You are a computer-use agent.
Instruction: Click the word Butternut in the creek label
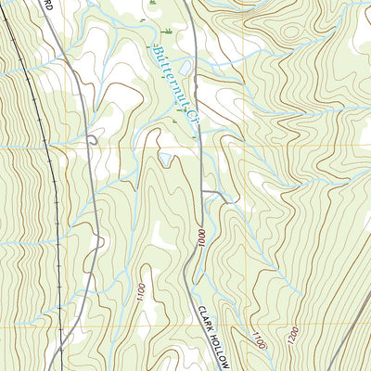coord(168,72)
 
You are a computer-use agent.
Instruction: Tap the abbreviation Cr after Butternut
coord(192,117)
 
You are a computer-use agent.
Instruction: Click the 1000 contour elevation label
coord(197,236)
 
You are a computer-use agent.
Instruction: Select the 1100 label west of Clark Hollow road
coord(139,297)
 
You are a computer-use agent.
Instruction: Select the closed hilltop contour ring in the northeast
coord(292,32)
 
